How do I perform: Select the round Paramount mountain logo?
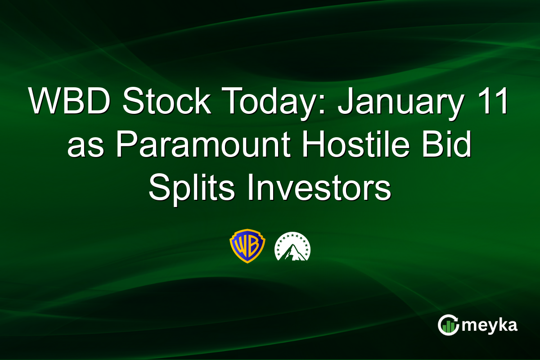[292, 246]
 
